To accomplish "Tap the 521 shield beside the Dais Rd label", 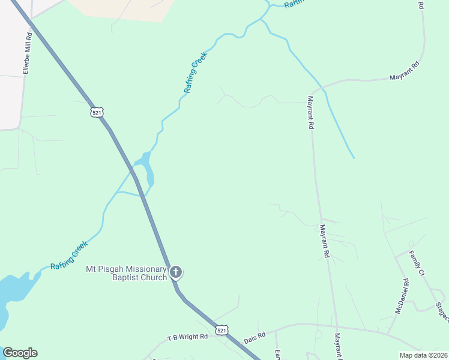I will [222, 330].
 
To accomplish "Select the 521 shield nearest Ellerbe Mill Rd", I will [97, 112].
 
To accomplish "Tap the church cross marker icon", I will [176, 272].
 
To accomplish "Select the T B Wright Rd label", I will [187, 337].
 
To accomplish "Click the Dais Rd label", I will [255, 338].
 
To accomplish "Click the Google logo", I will [20, 353].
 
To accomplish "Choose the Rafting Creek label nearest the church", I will [69, 255].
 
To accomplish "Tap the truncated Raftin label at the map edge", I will [294, 3].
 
